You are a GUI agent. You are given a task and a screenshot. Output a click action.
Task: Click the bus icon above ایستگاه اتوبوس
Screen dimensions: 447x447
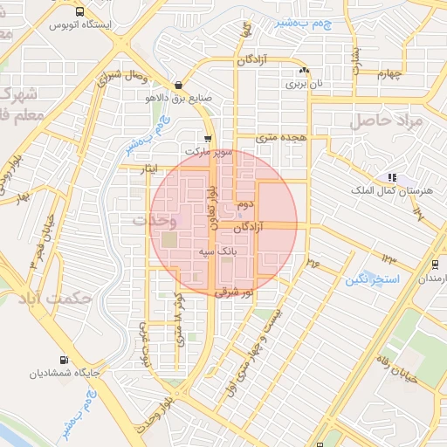point(80,12)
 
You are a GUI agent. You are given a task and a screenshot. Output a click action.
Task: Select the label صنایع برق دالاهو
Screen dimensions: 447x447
point(179,98)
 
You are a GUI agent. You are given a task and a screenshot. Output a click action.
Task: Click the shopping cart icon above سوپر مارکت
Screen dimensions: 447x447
point(207,139)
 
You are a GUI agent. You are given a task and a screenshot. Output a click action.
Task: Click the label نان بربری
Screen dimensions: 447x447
point(304,85)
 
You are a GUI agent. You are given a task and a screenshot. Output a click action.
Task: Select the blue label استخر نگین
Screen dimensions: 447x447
point(371,279)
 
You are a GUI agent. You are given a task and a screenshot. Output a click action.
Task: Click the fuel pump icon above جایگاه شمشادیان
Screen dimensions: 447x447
point(63,360)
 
